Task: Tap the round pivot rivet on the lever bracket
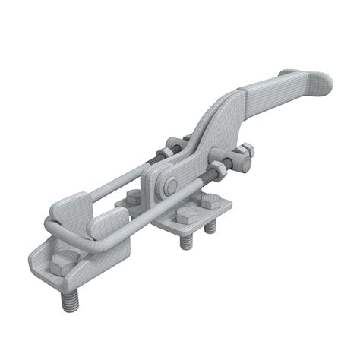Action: pos(172,186)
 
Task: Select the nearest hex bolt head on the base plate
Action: pos(184,216)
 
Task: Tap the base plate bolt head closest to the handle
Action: pos(210,202)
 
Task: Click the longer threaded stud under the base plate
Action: pos(186,242)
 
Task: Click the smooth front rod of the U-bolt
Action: pos(152,204)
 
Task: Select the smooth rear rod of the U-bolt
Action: pos(122,179)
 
